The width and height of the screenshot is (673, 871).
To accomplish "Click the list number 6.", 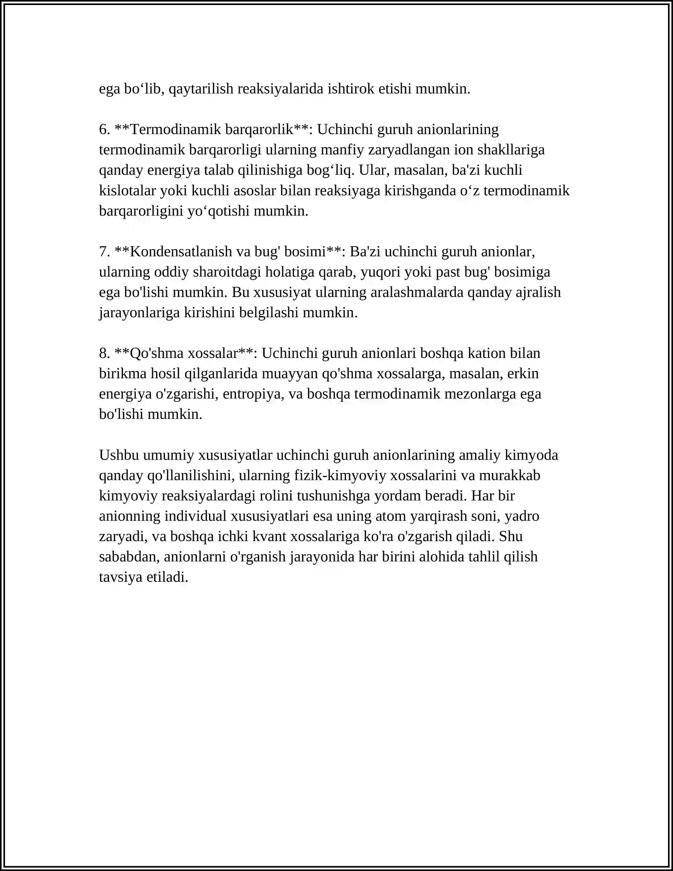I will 104,129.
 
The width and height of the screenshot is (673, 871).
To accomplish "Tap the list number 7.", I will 104,252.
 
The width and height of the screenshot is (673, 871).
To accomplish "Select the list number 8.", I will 104,353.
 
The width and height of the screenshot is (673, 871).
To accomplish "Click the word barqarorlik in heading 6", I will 259,129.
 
